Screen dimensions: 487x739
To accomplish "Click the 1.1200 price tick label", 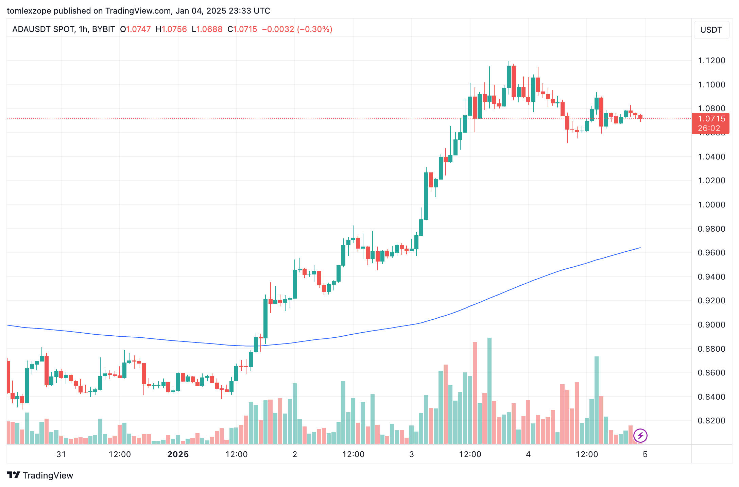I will [711, 61].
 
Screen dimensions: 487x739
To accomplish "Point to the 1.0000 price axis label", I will [711, 205].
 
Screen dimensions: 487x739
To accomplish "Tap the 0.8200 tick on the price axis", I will [711, 421].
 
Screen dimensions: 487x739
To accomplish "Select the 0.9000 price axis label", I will [711, 325].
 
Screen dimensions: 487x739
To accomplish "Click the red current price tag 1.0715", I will [710, 119].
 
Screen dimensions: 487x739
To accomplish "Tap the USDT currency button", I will [711, 30].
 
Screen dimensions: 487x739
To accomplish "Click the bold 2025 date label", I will [178, 454].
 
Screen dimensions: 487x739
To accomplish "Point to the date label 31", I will [61, 454].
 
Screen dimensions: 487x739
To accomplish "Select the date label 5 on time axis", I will [645, 454].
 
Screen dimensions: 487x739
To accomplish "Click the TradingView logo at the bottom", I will [40, 475].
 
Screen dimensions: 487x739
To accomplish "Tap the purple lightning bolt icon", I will [640, 436].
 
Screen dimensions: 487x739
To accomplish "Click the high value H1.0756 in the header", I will [171, 29].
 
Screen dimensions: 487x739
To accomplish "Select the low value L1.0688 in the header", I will [207, 29].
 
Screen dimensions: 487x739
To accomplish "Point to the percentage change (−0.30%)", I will [315, 29].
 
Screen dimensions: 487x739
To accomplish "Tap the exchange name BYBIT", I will [103, 29].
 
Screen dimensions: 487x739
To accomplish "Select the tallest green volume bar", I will [489, 391].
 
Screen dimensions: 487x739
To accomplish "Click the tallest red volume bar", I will [475, 393].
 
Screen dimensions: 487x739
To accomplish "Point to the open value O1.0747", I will [135, 29].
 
